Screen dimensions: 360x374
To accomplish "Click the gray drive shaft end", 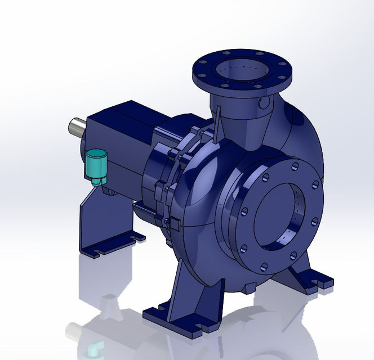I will (x=76, y=126).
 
